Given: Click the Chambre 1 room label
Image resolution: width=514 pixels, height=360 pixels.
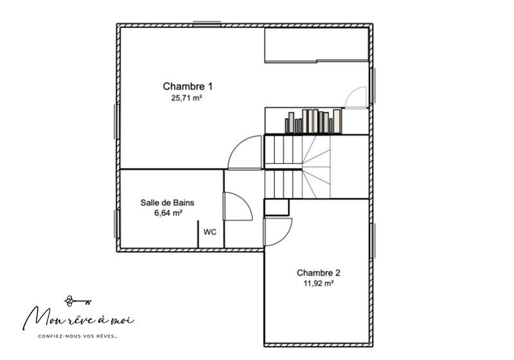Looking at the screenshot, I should pos(188,86).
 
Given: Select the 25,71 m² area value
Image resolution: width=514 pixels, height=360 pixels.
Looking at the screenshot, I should pos(188,98).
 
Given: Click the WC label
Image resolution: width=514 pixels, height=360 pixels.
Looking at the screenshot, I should pos(209,232).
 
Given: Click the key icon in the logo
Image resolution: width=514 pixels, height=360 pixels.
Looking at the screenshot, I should pos(78,300).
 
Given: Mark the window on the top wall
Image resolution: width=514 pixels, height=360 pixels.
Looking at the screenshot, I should pos(207,24).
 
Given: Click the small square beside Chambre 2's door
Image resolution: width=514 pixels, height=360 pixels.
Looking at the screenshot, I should pos(277,208).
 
